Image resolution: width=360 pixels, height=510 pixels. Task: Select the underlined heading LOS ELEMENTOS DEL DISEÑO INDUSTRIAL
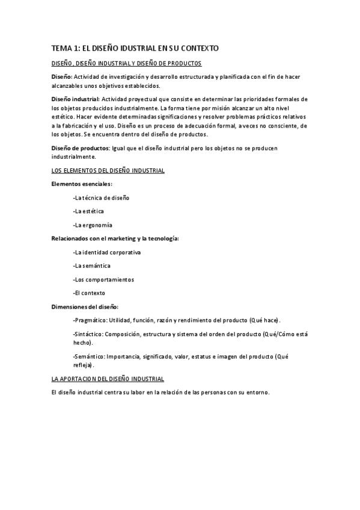pyautogui.click(x=108, y=171)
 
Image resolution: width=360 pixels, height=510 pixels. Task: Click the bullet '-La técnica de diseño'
pyautogui.click(x=100, y=197)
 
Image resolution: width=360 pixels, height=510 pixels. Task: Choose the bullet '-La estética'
pyautogui.click(x=88, y=211)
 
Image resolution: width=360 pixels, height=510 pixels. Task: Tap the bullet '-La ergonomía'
pyautogui.click(x=92, y=225)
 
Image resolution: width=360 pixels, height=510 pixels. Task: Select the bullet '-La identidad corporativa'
pyautogui.click(x=106, y=253)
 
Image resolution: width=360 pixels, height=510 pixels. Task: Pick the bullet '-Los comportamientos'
pyautogui.click(x=103, y=280)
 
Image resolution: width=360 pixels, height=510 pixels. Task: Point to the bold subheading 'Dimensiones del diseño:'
pyautogui.click(x=85, y=307)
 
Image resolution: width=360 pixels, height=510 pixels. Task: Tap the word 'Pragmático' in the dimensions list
pyautogui.click(x=87, y=321)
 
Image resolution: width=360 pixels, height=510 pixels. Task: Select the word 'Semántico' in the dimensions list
pyautogui.click(x=88, y=357)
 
